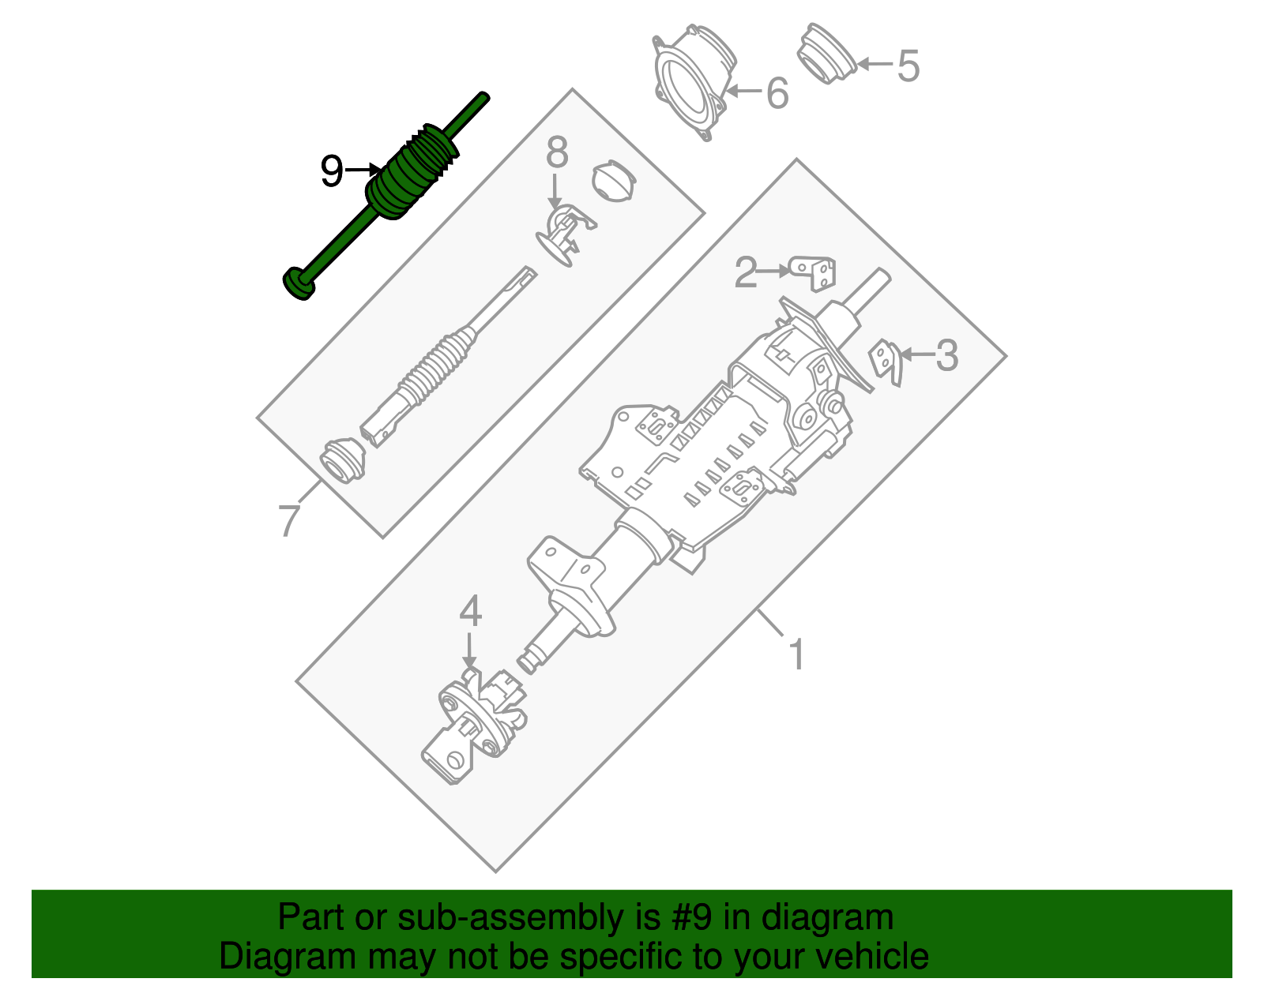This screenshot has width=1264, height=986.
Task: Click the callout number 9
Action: (332, 171)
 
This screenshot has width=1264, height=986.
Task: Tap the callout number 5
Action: (908, 66)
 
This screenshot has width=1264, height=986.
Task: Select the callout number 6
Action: (777, 93)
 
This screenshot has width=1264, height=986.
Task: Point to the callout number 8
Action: (557, 152)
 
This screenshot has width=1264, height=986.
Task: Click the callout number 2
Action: (746, 272)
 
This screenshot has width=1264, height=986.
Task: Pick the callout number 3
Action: (946, 355)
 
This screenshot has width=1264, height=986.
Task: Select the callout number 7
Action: (289, 520)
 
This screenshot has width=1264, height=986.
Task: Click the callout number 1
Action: (796, 654)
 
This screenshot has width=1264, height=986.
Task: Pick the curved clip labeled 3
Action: (886, 362)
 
